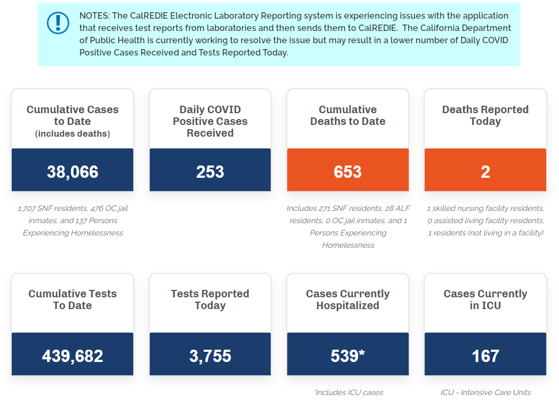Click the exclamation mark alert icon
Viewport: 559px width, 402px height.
(x=58, y=22)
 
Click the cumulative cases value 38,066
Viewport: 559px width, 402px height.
(x=72, y=172)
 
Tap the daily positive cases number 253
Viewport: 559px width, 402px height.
(x=210, y=172)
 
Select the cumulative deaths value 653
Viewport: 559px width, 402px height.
(x=347, y=172)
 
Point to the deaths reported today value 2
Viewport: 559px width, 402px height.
(x=485, y=172)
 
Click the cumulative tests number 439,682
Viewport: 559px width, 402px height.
(x=72, y=356)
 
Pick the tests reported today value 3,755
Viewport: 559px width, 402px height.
(x=210, y=356)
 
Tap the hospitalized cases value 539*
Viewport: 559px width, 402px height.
(x=347, y=356)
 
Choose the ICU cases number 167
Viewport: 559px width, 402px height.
(x=485, y=356)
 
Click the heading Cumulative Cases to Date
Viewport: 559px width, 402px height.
(x=72, y=115)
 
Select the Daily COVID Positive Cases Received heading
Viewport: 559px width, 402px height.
(x=210, y=121)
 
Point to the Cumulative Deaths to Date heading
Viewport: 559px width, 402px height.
(x=347, y=115)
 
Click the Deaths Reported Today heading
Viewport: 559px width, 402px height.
(x=485, y=115)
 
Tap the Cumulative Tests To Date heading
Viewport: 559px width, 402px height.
(x=72, y=299)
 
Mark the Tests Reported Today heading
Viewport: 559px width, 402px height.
(x=210, y=299)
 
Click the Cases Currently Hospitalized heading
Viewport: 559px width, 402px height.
(x=347, y=299)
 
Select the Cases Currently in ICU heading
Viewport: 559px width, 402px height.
(x=485, y=299)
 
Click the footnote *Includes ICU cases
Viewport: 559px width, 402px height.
(x=349, y=392)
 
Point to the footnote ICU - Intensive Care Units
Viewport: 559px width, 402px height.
(x=485, y=392)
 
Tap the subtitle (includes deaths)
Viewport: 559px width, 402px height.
(x=72, y=134)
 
